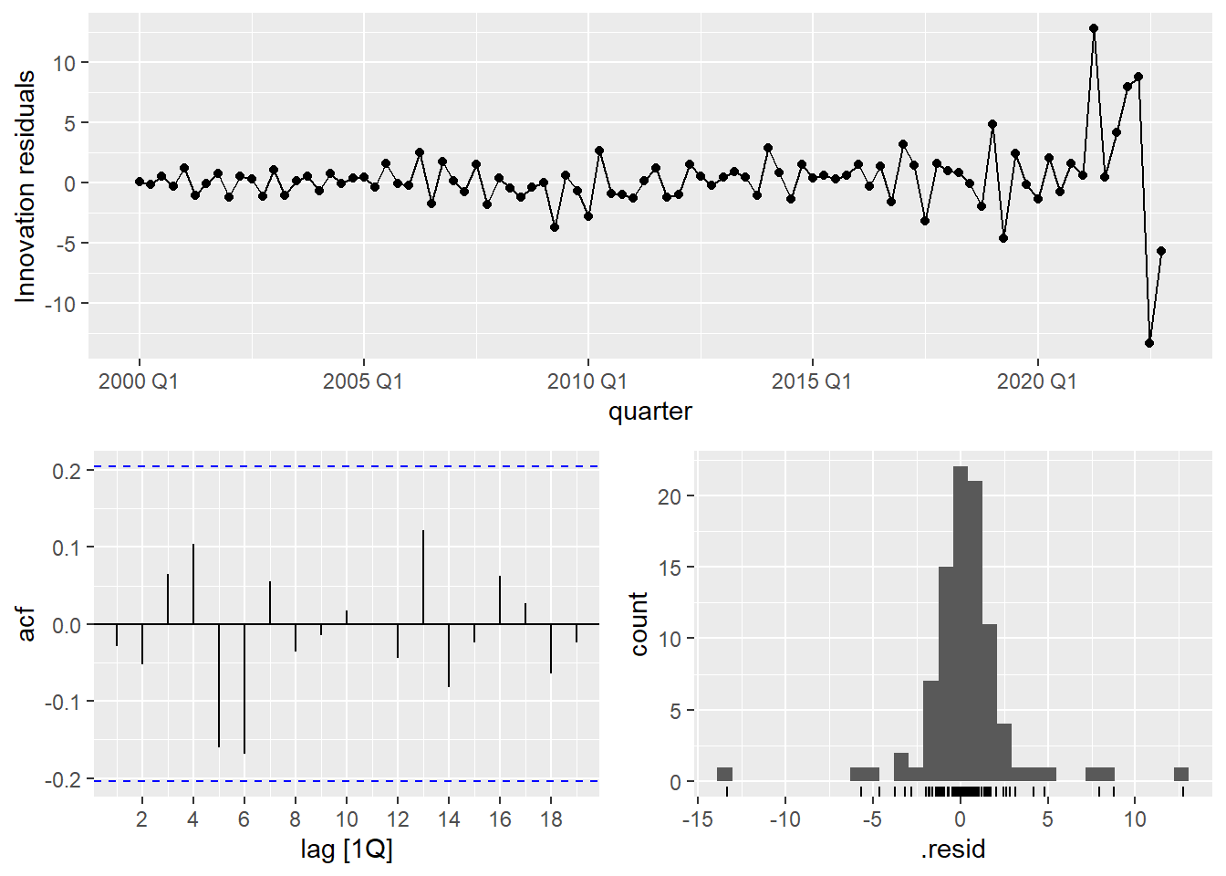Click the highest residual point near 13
[x=1094, y=28]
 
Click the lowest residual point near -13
[x=1149, y=343]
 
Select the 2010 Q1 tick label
[x=587, y=381]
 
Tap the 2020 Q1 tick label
[x=1036, y=381]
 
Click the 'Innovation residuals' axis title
[x=26, y=186]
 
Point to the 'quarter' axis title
[x=649, y=412]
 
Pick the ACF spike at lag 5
[x=219, y=685]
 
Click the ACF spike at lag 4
[x=193, y=584]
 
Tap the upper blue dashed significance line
[x=347, y=466]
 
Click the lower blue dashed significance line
[x=347, y=781]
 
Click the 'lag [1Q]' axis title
[x=347, y=850]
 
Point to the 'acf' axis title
[x=26, y=624]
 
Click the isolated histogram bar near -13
[x=725, y=775]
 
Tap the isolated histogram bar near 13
[x=1181, y=775]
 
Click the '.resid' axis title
[x=952, y=850]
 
